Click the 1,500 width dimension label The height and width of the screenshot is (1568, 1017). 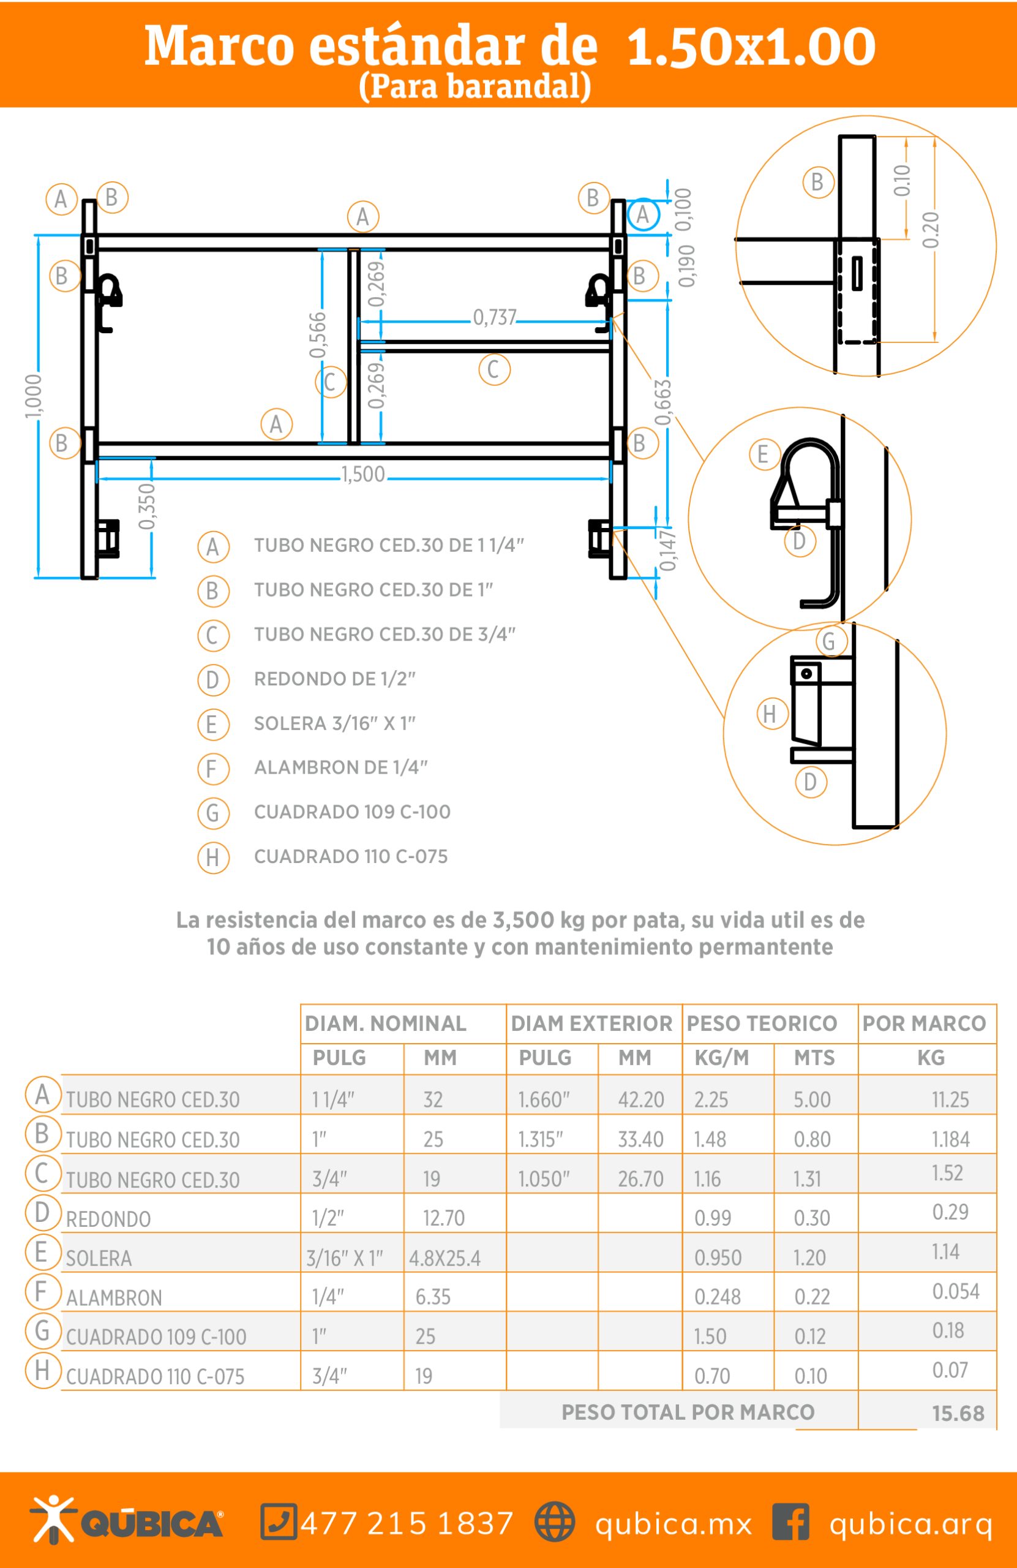(363, 474)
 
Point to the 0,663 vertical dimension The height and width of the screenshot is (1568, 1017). (662, 402)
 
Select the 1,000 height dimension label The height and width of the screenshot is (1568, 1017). (34, 396)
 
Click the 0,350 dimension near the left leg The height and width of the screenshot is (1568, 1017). (148, 506)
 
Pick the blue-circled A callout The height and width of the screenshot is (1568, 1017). (643, 214)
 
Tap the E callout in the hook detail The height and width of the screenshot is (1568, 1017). (764, 454)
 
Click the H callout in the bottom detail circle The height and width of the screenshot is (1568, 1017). (770, 714)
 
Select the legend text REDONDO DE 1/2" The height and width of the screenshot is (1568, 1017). (334, 679)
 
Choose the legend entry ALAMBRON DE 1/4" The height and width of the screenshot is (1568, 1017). (340, 767)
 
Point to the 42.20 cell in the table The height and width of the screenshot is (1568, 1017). (640, 1099)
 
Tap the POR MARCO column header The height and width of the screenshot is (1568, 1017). (924, 1023)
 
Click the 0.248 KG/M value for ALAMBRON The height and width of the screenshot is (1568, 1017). (718, 1297)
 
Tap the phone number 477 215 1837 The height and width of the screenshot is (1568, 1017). (407, 1523)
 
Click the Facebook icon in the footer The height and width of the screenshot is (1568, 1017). (790, 1522)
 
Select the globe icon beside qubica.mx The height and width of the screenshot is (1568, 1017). (554, 1522)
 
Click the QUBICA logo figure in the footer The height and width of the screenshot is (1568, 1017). (53, 1519)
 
